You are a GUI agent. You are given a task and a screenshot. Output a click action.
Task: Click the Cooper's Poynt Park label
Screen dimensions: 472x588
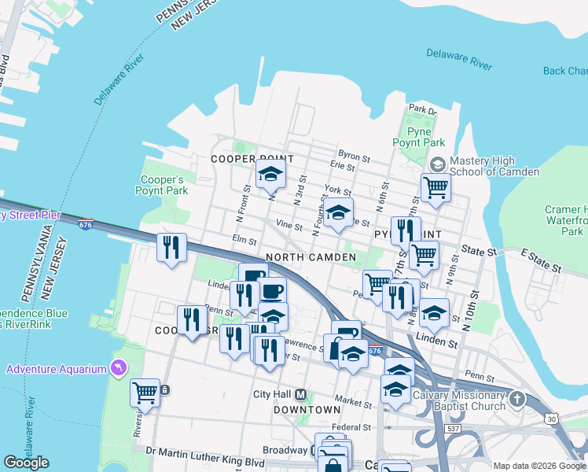point(163,185)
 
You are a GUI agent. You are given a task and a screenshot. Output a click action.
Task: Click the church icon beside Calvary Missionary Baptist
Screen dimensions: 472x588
point(516,399)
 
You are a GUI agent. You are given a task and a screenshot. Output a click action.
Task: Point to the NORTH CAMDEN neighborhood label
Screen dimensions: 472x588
point(306,258)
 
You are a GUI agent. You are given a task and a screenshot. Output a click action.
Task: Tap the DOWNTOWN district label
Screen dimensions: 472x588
point(307,410)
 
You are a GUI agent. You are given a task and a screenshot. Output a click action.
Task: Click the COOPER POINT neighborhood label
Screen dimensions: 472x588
point(246,159)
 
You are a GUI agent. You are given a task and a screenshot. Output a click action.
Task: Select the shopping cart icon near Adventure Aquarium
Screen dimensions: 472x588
point(145,391)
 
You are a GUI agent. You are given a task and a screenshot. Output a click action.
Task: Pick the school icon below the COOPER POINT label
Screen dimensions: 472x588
point(270,174)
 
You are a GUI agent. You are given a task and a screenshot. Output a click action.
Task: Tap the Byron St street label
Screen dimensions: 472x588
point(353,153)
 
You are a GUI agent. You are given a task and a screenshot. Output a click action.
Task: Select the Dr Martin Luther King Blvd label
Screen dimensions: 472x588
point(205,452)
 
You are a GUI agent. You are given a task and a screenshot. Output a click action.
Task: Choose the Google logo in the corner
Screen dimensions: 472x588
point(26,463)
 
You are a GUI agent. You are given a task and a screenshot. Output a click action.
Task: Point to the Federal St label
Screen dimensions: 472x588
point(351,427)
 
